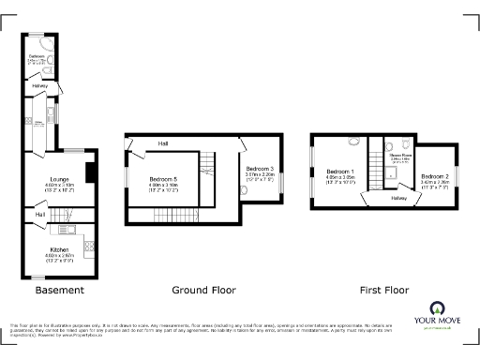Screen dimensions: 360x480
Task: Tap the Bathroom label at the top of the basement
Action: tap(37, 57)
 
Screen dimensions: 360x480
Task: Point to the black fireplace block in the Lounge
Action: tap(89, 172)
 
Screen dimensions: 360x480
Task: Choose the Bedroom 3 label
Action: tap(259, 168)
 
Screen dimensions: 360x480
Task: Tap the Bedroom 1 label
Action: tap(338, 172)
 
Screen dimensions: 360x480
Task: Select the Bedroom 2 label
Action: tap(434, 176)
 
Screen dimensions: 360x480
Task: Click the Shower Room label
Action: tap(401, 157)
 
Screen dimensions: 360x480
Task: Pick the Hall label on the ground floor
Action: tap(163, 143)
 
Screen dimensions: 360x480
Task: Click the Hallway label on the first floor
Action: tap(398, 199)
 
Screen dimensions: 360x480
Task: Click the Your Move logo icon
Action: tap(437, 308)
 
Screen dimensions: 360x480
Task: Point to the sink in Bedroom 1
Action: tap(354, 142)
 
